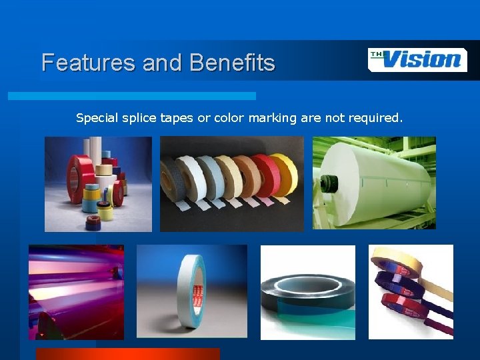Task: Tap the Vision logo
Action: [417, 59]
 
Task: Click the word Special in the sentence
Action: [96, 118]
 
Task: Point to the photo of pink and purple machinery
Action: [76, 292]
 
